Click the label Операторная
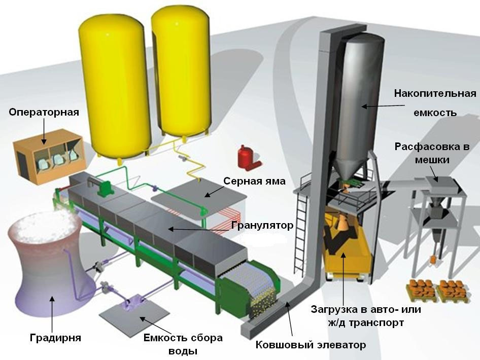coord(44,112)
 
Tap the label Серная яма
coord(255,181)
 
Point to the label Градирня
coord(55,337)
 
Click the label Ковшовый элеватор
coord(310,345)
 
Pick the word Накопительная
coord(435,93)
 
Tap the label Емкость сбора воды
coord(183,344)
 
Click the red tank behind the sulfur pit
coord(247,156)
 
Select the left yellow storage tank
coord(118,81)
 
